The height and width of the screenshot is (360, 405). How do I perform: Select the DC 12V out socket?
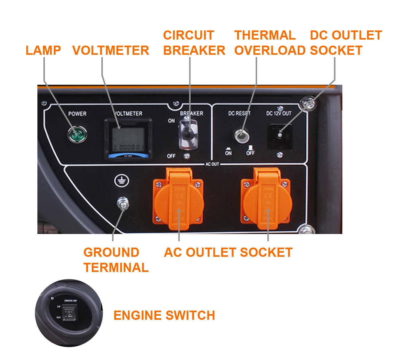tap(280, 136)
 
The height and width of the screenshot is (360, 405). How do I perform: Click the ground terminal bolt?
tap(123, 203)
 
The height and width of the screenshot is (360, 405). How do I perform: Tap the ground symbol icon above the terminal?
tap(121, 181)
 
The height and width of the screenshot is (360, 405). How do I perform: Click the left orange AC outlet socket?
tap(178, 199)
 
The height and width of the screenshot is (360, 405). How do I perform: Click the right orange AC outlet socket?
tap(266, 199)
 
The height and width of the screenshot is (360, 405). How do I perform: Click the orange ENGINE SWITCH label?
tap(164, 316)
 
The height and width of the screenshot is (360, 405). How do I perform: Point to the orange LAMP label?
tap(43, 51)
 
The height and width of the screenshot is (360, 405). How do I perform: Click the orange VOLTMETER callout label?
tap(111, 51)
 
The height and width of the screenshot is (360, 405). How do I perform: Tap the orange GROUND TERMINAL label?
tap(116, 260)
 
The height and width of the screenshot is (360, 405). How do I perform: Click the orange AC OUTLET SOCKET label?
tap(228, 253)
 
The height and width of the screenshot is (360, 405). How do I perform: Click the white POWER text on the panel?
tap(77, 114)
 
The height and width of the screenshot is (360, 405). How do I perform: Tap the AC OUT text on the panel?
tap(212, 164)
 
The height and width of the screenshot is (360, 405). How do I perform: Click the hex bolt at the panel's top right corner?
tap(308, 104)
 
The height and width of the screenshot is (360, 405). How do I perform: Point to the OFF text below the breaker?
tap(171, 156)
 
